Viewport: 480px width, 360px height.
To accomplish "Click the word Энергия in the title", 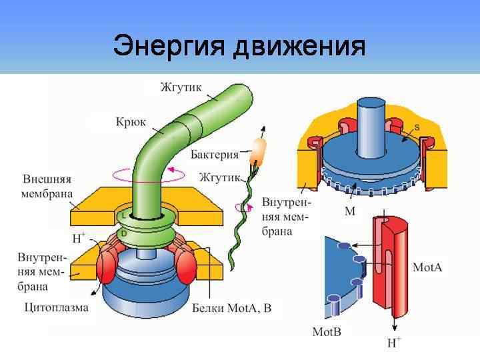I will (x=170, y=47).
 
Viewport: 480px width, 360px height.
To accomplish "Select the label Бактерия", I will (x=214, y=155).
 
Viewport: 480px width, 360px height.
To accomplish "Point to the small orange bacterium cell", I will (x=257, y=151).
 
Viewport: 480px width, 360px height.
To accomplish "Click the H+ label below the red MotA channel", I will (x=395, y=344).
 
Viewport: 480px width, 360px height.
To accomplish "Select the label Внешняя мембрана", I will (x=47, y=187).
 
